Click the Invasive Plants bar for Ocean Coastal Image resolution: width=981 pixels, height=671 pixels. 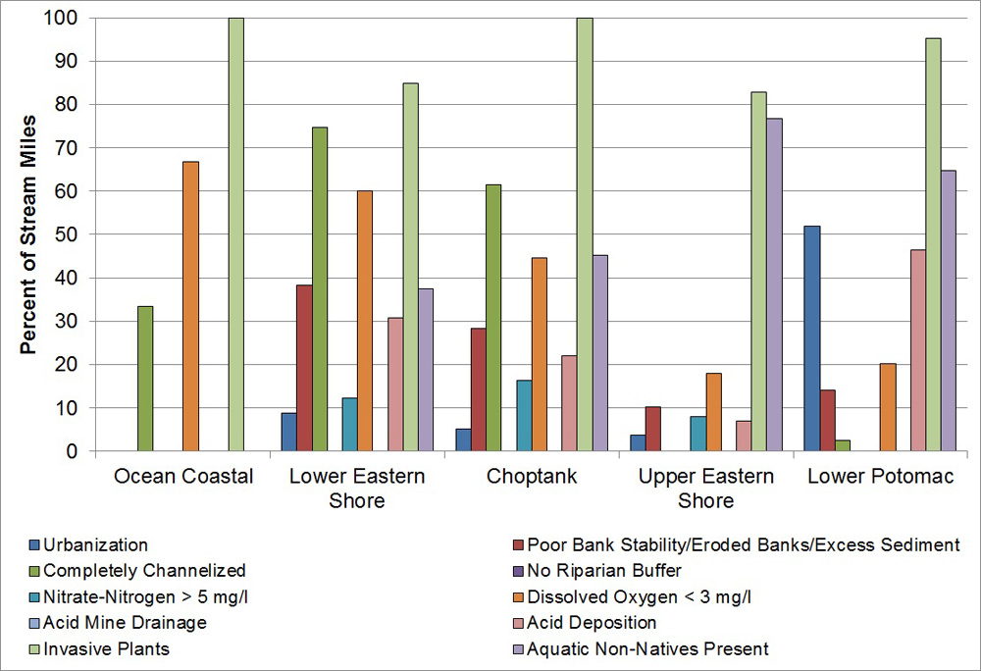click(236, 234)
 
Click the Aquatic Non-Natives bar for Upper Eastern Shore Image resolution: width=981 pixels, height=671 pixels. click(774, 284)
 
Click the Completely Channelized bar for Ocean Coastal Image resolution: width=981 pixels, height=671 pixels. click(145, 379)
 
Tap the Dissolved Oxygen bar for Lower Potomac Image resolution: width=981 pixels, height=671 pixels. click(887, 407)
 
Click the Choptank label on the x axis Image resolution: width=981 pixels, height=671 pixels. click(532, 477)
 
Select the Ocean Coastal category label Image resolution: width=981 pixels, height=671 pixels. click(183, 477)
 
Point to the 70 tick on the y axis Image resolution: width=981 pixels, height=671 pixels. click(64, 147)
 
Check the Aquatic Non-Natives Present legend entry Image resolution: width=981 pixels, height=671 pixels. click(646, 648)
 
